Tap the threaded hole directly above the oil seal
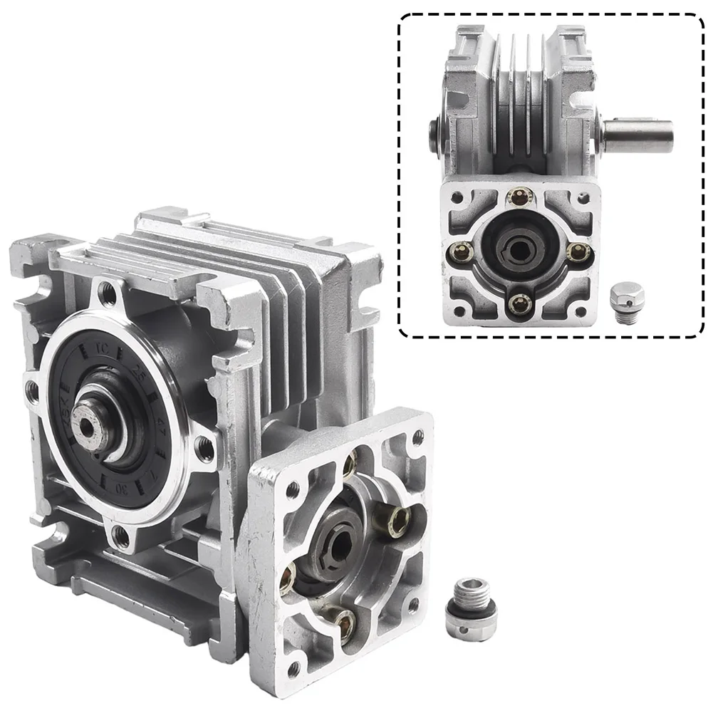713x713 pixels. coord(108,290)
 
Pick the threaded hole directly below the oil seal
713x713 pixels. coord(121,536)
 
